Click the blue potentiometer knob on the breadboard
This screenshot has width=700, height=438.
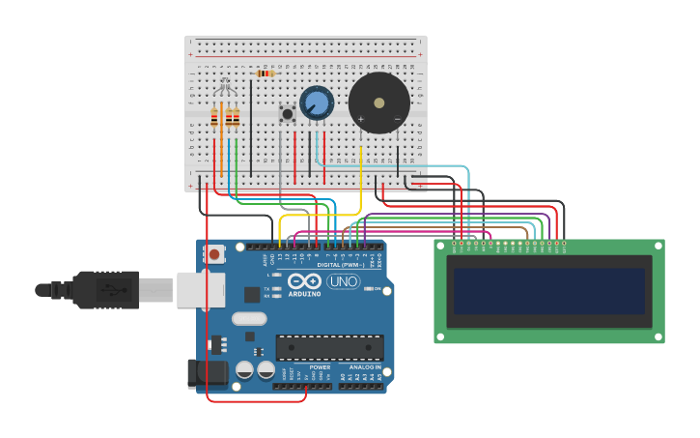coord(316,102)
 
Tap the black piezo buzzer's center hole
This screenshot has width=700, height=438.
coord(379,102)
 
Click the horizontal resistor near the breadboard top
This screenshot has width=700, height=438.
coord(265,73)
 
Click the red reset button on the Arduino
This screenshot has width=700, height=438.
coord(214,254)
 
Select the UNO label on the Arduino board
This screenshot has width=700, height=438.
coord(343,281)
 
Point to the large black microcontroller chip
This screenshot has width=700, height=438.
coord(329,347)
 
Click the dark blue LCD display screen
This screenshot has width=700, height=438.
coord(548,291)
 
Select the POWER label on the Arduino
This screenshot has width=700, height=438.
coord(320,367)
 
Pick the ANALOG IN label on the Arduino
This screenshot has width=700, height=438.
coord(364,367)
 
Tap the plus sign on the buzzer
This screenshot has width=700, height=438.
coord(361,120)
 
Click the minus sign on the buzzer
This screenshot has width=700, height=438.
coord(397,119)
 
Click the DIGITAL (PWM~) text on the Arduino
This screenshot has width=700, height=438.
coord(340,265)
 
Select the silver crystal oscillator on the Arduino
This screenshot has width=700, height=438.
coord(248,318)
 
